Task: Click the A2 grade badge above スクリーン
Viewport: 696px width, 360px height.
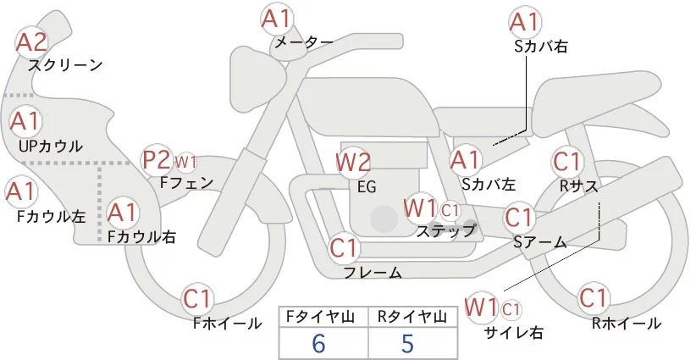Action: pyautogui.click(x=33, y=41)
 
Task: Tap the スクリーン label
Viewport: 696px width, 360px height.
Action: pyautogui.click(x=65, y=65)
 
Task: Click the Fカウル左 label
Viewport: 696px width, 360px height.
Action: pyautogui.click(x=51, y=216)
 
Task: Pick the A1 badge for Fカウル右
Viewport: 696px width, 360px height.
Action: pyautogui.click(x=122, y=212)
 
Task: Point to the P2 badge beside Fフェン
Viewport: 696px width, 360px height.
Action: pyautogui.click(x=157, y=159)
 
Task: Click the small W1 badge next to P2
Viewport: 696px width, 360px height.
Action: pyautogui.click(x=185, y=161)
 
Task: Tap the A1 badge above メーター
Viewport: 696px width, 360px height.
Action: pyautogui.click(x=276, y=18)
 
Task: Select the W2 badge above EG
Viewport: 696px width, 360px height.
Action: pyautogui.click(x=353, y=162)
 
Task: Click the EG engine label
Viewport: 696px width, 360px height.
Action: pyautogui.click(x=366, y=186)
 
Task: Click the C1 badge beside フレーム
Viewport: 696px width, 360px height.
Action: pyautogui.click(x=345, y=248)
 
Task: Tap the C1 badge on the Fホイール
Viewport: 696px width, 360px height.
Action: pyautogui.click(x=199, y=298)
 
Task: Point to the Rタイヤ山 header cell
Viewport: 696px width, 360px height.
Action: pyautogui.click(x=412, y=317)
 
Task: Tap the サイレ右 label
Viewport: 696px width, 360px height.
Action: pyautogui.click(x=513, y=332)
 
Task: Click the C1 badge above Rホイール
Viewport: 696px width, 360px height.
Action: pyautogui.click(x=593, y=298)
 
